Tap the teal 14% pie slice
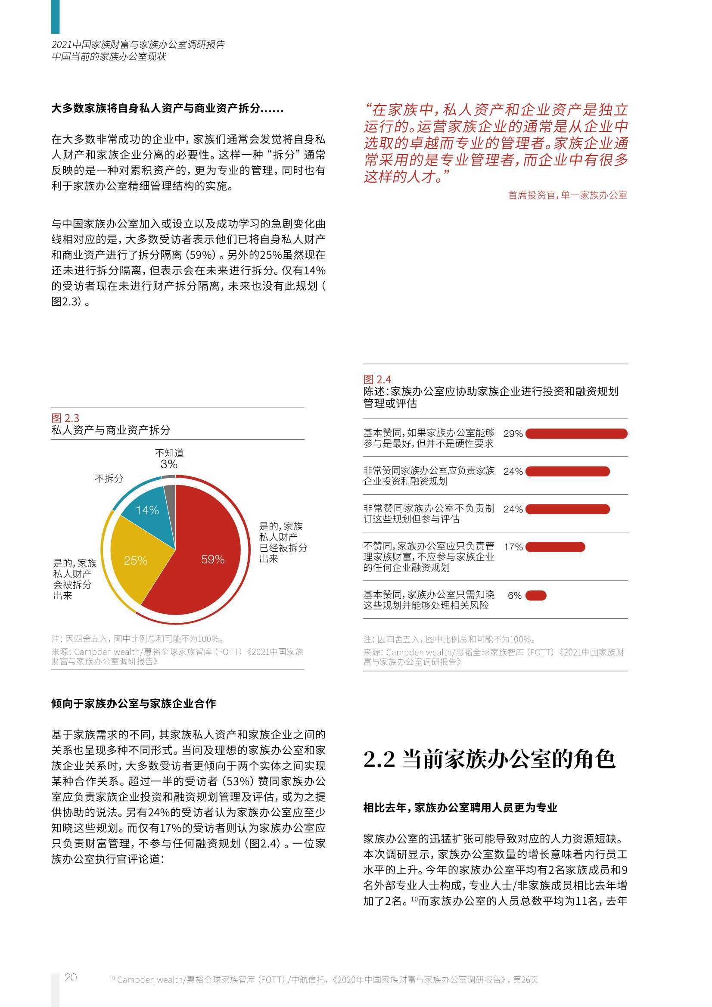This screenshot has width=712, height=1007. point(149,509)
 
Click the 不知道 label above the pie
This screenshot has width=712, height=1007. point(169,453)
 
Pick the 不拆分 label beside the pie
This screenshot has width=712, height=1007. point(109,479)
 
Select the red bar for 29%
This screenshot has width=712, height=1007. point(576,434)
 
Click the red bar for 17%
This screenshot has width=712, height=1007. point(555,547)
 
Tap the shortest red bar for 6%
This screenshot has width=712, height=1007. point(536,595)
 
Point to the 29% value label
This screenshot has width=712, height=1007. point(513,434)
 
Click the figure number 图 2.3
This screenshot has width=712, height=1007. point(65,418)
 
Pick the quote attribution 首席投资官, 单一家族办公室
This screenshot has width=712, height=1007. point(567,195)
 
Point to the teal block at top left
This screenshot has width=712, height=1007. point(55,17)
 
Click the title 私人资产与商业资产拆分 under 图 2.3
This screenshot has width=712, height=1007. point(111,430)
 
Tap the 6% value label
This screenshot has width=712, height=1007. point(515,596)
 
